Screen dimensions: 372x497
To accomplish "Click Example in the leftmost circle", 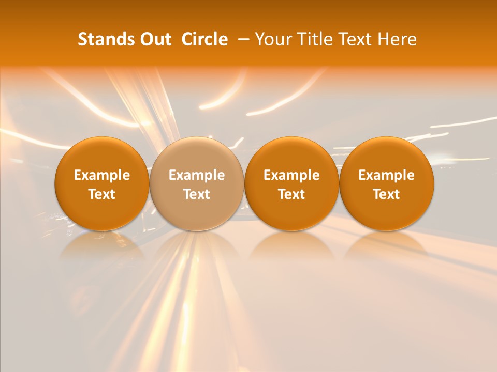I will [102, 175].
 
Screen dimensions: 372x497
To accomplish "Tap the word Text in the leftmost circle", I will [102, 194].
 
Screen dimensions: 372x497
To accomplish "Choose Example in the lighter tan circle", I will [197, 175].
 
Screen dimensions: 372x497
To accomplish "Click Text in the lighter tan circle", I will [197, 194].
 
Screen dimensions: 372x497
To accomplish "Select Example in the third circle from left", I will [291, 175].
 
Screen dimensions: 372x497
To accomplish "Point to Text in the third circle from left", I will [291, 194].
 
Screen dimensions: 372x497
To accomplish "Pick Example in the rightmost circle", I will [386, 175].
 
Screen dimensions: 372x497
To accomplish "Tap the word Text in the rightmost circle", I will [386, 194].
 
